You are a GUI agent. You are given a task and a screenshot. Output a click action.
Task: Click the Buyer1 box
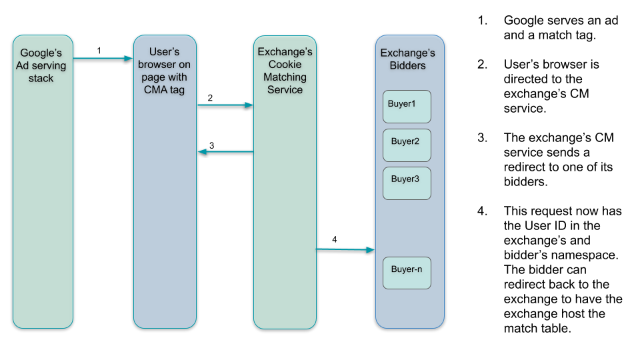coord(407,107)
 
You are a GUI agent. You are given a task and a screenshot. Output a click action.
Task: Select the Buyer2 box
coord(407,145)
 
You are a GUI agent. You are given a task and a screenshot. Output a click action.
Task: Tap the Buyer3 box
coord(407,183)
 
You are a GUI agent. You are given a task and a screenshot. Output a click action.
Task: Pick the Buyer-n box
coord(407,273)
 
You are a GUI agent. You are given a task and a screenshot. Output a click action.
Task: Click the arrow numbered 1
coord(103,59)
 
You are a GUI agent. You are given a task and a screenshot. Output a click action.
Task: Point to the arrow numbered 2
coord(225,105)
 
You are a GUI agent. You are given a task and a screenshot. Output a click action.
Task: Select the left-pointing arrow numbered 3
coord(225,152)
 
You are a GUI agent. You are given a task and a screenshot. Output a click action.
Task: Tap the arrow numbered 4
coord(345,249)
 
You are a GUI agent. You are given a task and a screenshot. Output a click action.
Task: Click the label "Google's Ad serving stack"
coord(43,65)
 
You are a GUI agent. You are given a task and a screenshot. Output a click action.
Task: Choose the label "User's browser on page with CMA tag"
coord(165,71)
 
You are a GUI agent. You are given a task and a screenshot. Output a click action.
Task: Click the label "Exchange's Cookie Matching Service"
coord(285,71)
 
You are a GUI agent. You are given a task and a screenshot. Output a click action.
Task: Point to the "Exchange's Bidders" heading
coord(407,59)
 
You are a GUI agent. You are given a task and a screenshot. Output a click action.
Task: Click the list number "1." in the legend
coord(482,21)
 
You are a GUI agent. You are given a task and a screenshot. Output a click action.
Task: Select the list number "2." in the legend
coord(482,65)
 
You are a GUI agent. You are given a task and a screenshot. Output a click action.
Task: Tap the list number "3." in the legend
coord(482,138)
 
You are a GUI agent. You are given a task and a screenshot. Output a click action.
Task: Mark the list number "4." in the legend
coord(482,211)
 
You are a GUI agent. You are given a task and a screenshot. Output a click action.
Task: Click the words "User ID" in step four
coord(549,226)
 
